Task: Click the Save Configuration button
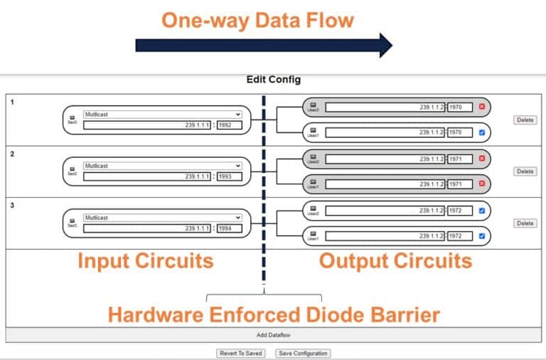tap(302, 353)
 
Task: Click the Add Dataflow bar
tap(273, 334)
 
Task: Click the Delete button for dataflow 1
tap(525, 120)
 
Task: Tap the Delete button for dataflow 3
tap(525, 223)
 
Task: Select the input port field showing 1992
tap(230, 125)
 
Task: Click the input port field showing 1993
tap(230, 176)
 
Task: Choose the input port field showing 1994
tap(230, 228)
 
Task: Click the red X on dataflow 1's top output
tap(481, 107)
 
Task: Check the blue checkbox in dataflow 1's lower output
tap(481, 132)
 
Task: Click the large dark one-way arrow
tap(263, 45)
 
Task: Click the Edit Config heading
tap(273, 80)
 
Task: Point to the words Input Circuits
tap(145, 260)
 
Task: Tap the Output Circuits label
tap(395, 260)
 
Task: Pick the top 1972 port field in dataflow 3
tap(460, 211)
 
